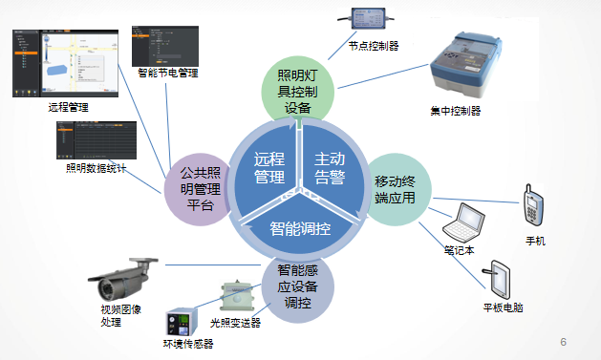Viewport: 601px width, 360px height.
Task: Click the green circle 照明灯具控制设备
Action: [299, 94]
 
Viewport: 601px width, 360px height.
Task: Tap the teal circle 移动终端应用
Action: [399, 189]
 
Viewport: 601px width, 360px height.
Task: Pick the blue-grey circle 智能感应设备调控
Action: [298, 286]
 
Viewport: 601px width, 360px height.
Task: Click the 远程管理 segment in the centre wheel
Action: [269, 167]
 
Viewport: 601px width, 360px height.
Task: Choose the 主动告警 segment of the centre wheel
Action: [330, 167]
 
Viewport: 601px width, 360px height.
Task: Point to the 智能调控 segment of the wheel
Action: [299, 228]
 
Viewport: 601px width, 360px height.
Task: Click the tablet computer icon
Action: [504, 279]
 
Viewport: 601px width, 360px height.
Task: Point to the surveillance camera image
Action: [123, 277]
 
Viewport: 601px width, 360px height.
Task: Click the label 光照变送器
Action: [235, 323]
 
